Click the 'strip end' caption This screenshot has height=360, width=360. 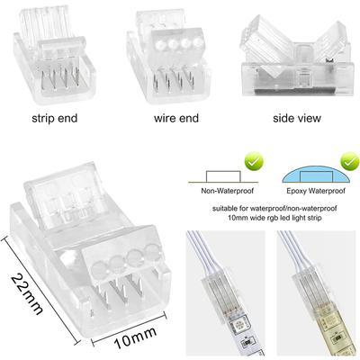point(55,118)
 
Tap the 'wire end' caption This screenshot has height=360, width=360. point(176,118)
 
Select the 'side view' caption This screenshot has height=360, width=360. point(297,118)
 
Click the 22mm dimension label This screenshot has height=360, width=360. point(26,294)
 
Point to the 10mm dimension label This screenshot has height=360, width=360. point(136,337)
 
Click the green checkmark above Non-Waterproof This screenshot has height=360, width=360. point(254,161)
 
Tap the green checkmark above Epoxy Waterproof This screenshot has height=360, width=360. point(349,161)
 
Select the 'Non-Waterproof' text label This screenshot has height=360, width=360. point(227,191)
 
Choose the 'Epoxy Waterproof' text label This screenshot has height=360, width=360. point(316,191)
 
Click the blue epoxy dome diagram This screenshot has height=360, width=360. point(316,177)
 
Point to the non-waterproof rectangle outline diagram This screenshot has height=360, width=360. point(223,176)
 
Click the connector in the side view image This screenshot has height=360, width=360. point(296,57)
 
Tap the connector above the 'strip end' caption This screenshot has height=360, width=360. point(54,56)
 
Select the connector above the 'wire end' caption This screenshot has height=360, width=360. point(168,58)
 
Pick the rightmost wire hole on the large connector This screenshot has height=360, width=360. point(151,250)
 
